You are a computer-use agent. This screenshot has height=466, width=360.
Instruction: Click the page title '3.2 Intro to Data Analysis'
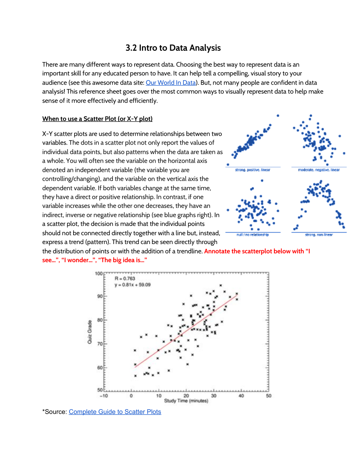click(173, 48)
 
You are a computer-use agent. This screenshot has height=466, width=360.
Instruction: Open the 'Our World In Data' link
click(171, 83)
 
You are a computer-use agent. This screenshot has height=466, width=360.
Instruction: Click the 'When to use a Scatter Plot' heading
click(97, 119)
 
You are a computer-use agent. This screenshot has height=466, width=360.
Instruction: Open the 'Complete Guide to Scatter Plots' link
click(115, 412)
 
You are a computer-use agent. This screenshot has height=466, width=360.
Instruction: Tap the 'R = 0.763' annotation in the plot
click(125, 279)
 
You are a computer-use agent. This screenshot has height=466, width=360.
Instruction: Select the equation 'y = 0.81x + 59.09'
click(132, 285)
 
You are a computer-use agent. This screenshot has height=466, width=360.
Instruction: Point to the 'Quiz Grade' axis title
click(89, 332)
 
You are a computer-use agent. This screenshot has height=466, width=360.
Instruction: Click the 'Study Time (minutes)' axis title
click(186, 401)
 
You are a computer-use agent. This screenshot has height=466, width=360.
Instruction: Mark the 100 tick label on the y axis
click(99, 273)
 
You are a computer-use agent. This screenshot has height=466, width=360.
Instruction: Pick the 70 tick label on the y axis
click(100, 344)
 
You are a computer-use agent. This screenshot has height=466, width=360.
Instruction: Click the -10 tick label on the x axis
click(104, 396)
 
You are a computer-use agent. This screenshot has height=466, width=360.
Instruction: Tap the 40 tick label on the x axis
click(241, 396)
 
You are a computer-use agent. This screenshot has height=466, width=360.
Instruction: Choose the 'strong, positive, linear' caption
click(253, 170)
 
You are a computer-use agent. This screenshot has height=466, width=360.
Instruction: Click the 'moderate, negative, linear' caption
click(319, 170)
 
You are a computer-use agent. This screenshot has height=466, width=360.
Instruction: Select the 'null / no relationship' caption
click(253, 235)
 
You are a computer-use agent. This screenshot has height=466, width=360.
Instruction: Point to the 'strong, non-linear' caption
click(319, 235)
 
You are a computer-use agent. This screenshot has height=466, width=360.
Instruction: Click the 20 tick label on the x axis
click(186, 396)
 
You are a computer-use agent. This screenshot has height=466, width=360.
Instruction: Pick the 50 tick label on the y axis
click(100, 390)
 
